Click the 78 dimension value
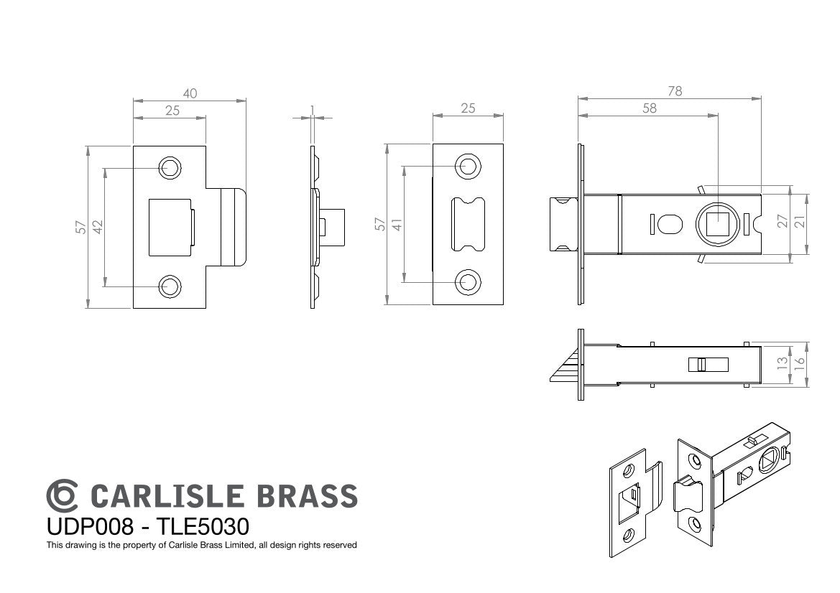click(675, 91)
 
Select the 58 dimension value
click(649, 108)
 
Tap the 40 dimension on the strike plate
click(190, 93)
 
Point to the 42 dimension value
click(97, 227)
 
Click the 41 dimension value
click(397, 224)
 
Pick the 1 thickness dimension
click(313, 111)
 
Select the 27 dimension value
click(783, 220)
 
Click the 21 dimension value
click(799, 220)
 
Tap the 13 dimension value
click(783, 364)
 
